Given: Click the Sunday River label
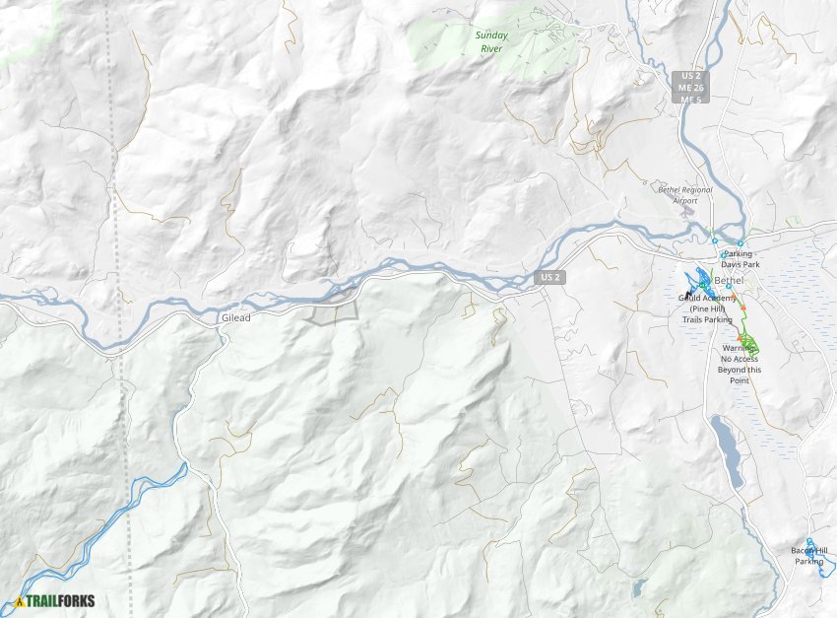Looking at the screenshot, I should (x=491, y=40).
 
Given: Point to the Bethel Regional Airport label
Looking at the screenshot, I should (x=684, y=194).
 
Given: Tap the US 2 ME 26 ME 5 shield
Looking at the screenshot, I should (x=688, y=88).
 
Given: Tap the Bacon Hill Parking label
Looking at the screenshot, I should (x=809, y=556).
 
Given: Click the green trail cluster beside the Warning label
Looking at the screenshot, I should (x=750, y=345).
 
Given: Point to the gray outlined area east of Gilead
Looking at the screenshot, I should (x=330, y=314).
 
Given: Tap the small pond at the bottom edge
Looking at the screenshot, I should (x=639, y=589).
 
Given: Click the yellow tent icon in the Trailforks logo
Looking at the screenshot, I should (x=19, y=601).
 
